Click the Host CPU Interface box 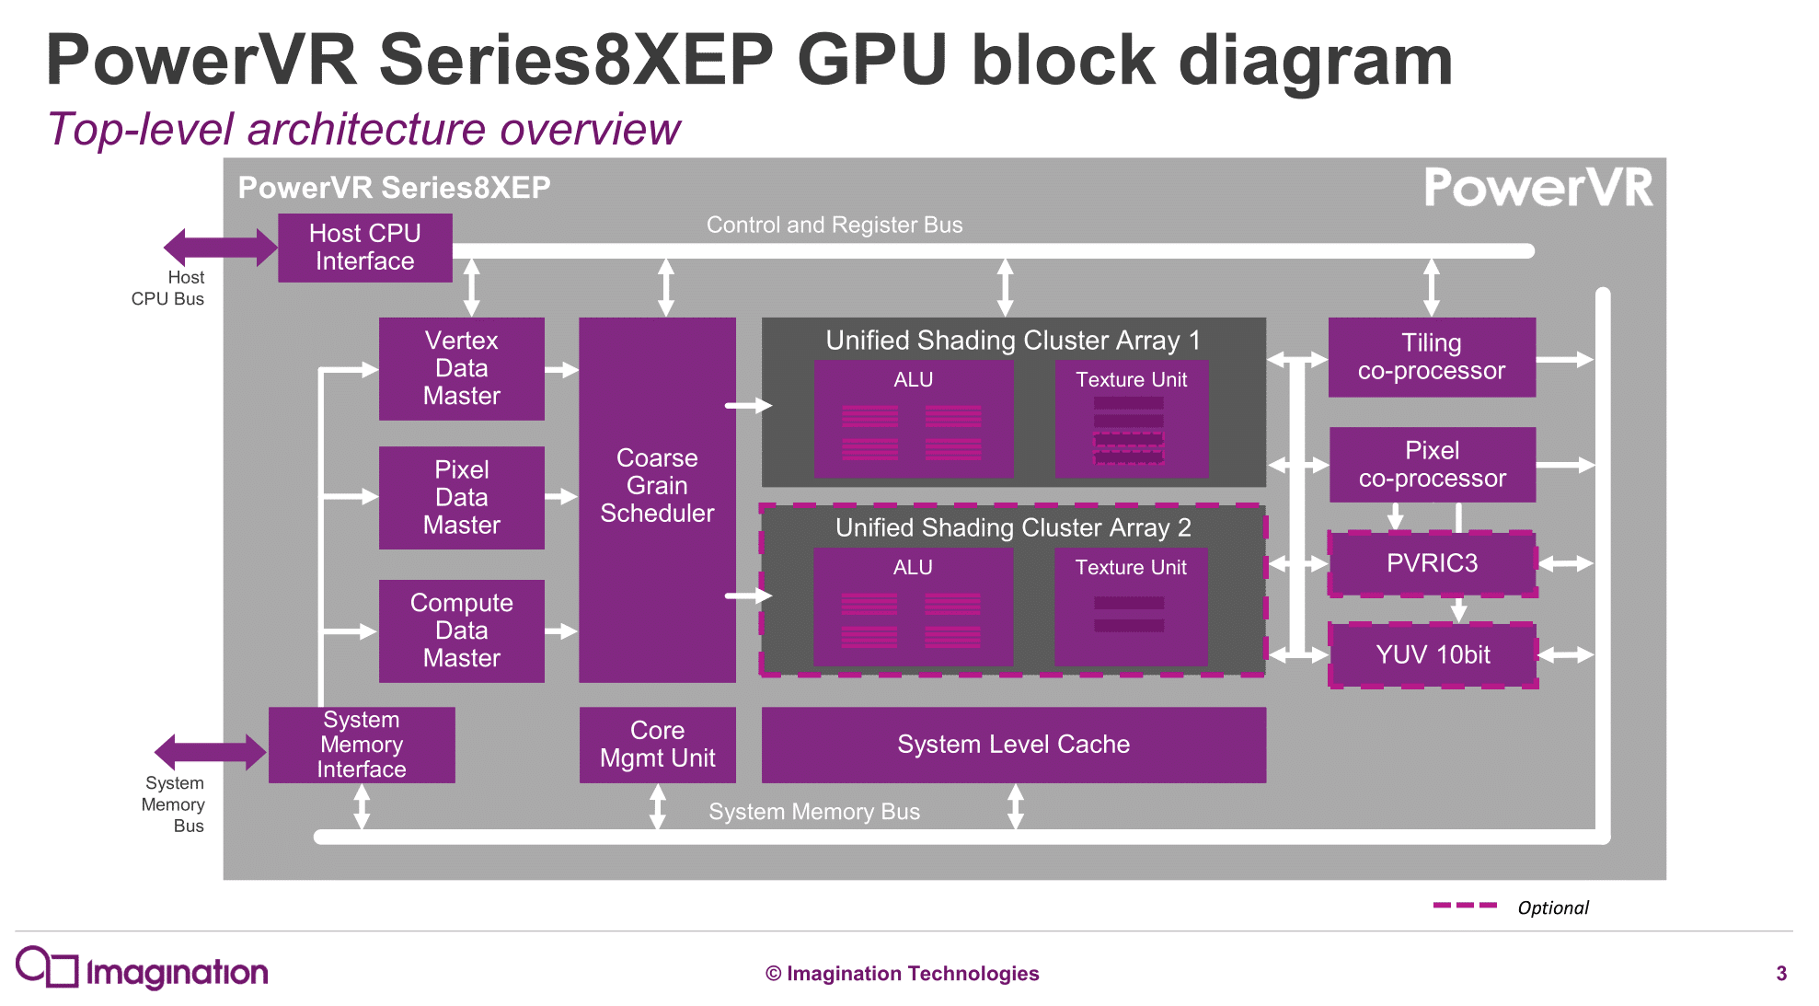(x=364, y=248)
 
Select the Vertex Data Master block (x=461, y=368)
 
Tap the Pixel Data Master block (x=461, y=497)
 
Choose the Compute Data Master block (x=461, y=630)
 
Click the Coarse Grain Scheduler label (x=657, y=485)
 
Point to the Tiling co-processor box (x=1432, y=357)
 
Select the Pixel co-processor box (x=1432, y=464)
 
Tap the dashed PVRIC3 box (x=1432, y=563)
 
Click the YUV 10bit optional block (x=1432, y=654)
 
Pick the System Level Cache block (x=1013, y=745)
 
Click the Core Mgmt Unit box (x=657, y=745)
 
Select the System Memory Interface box (x=362, y=745)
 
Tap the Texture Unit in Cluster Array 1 (x=1131, y=419)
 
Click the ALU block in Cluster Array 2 (x=913, y=607)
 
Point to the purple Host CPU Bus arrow (x=220, y=247)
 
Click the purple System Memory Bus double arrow (x=210, y=752)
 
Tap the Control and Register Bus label (x=834, y=225)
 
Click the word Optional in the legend (x=1552, y=908)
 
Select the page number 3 (x=1780, y=973)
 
